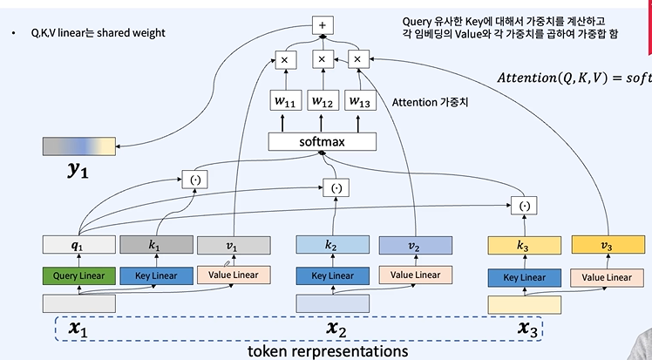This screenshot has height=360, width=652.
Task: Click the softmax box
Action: click(x=323, y=141)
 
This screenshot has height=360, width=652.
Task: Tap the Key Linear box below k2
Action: click(x=329, y=276)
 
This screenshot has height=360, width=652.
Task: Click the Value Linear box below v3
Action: click(x=601, y=278)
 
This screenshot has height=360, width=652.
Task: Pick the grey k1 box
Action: click(x=154, y=246)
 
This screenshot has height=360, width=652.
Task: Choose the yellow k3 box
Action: click(x=523, y=247)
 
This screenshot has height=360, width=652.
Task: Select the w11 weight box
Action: click(x=284, y=102)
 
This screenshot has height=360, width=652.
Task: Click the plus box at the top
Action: click(x=322, y=24)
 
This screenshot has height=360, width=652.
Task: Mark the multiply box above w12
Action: click(x=322, y=60)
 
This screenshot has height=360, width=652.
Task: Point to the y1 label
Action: click(x=78, y=172)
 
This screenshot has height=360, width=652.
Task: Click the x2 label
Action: click(x=337, y=329)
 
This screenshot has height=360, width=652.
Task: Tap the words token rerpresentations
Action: click(x=328, y=350)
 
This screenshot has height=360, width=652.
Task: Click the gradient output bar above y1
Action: click(x=78, y=146)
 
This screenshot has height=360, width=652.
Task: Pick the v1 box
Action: click(x=234, y=246)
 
